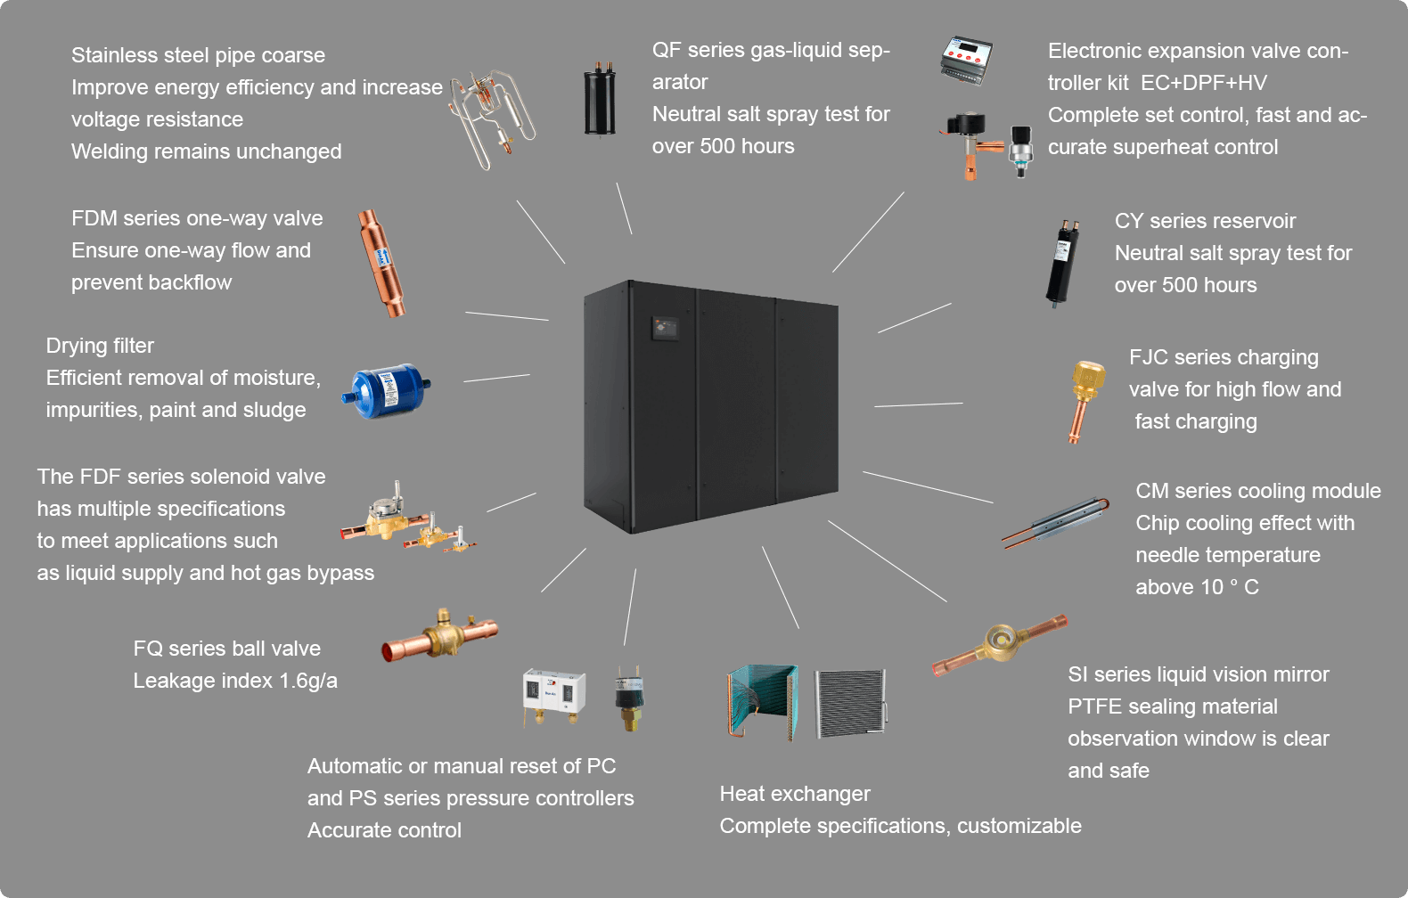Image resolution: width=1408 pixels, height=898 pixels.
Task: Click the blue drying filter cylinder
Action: point(387,390)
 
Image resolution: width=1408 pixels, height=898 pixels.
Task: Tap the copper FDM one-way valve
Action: point(381,263)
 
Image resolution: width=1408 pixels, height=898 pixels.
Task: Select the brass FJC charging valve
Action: point(1086,397)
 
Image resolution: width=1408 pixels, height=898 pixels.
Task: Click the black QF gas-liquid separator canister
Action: point(600,100)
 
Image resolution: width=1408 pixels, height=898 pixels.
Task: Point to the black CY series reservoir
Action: point(1062,263)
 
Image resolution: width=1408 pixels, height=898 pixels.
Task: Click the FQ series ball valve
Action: point(440,634)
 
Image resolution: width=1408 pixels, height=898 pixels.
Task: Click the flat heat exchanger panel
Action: point(851,703)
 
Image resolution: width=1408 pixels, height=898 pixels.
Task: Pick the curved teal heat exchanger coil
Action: point(762,701)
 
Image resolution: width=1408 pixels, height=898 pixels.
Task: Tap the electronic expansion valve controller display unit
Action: point(966,61)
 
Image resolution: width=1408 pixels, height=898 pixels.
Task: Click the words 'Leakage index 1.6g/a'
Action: point(235,681)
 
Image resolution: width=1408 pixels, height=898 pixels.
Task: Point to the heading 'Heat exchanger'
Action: point(795,794)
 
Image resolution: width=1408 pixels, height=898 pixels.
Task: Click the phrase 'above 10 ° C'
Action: point(1197,587)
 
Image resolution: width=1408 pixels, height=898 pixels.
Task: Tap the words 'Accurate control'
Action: point(384,830)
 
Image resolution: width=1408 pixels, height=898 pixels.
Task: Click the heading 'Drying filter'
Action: point(100,346)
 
